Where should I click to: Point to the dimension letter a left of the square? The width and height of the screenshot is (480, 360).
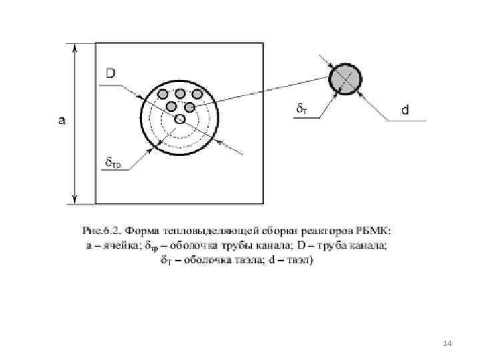62,121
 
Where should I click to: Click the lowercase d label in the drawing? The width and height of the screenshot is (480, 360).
405,109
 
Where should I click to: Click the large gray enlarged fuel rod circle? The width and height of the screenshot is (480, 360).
345,79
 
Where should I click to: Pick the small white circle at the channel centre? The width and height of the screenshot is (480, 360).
179,119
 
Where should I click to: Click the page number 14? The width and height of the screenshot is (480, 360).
447,343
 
